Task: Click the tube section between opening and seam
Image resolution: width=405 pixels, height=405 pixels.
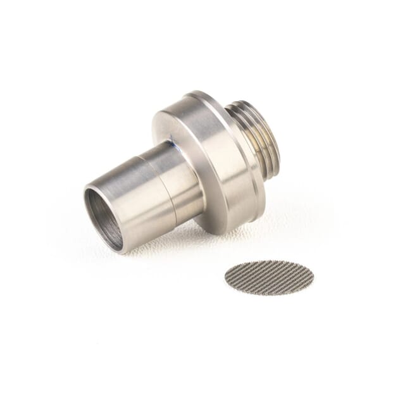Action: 136,190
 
